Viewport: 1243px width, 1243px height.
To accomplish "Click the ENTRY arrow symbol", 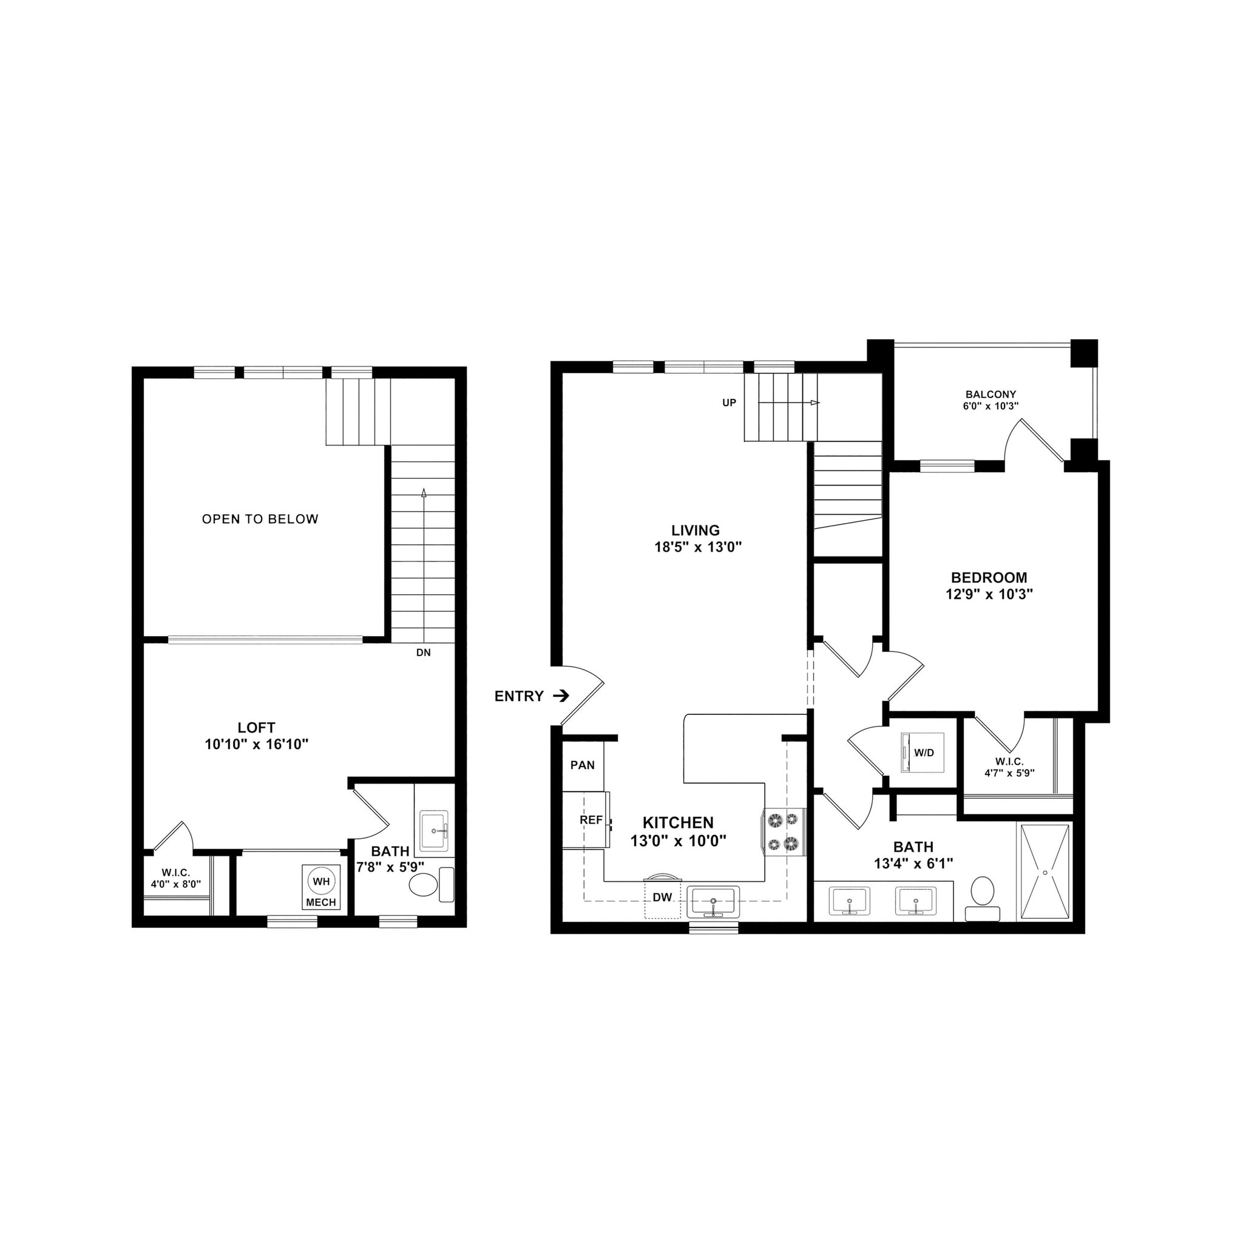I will point(562,696).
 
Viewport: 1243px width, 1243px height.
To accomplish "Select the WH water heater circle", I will point(321,881).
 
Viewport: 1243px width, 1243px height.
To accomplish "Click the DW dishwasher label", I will point(662,897).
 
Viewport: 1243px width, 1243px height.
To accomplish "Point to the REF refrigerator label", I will point(591,821).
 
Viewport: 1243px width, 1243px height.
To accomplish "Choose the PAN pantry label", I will point(583,765).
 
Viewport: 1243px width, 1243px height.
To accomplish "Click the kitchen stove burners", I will point(784,831).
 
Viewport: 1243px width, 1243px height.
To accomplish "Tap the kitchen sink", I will point(713,901).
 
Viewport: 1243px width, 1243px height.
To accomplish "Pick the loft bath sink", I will point(435,831).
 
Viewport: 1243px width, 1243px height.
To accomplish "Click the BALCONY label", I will point(991,395).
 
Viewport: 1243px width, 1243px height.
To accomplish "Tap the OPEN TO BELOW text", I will point(260,519).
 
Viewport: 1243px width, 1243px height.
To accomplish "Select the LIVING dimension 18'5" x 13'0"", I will point(698,547).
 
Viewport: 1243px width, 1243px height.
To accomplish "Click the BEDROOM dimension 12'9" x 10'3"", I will point(989,594).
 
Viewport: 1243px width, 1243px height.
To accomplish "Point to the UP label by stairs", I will point(729,403).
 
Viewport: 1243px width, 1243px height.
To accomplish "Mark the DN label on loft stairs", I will point(424,652).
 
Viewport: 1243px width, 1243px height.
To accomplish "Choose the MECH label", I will point(321,902).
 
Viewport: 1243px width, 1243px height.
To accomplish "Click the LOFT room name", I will point(257,728).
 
